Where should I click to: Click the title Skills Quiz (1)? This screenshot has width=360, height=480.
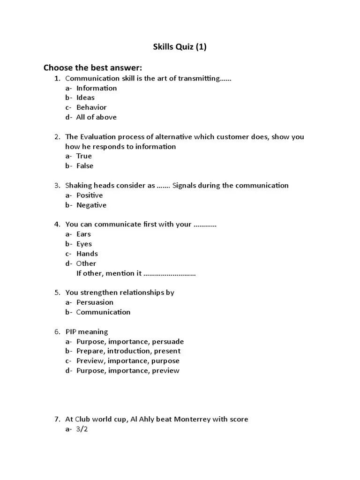180,47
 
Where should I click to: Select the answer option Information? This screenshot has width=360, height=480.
97,88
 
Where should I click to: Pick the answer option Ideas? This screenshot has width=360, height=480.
85,97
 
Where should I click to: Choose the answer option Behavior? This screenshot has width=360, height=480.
91,107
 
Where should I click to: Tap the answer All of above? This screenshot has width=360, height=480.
96,117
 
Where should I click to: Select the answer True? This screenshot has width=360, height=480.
84,156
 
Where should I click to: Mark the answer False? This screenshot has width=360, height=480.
85,166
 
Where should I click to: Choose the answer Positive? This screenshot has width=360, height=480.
90,195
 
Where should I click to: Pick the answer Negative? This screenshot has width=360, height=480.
91,205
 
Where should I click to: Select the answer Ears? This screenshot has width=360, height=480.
83,234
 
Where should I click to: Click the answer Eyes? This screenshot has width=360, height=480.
84,244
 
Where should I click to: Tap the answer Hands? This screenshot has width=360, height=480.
87,254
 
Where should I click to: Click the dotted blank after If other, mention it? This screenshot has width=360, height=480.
169,273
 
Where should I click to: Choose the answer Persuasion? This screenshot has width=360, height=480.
95,302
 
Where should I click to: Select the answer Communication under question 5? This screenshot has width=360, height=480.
103,312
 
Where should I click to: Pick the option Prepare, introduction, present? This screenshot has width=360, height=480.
128,351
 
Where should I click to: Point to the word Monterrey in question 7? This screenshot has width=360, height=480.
192,419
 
